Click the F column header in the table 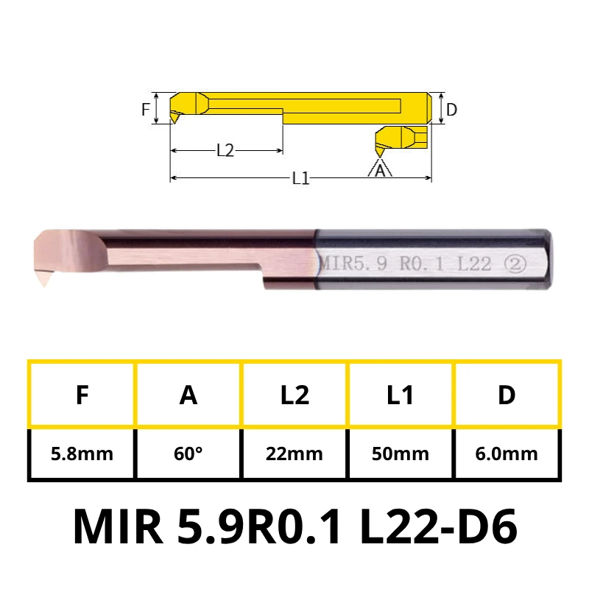tap(82, 395)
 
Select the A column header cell tap(188, 395)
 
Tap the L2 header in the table tap(294, 395)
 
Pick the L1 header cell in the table tap(401, 395)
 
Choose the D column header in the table tap(507, 395)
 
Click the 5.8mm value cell tap(82, 454)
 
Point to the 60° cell tap(188, 454)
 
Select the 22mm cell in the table tap(294, 454)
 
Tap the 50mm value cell tap(401, 454)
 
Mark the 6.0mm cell tap(507, 454)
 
